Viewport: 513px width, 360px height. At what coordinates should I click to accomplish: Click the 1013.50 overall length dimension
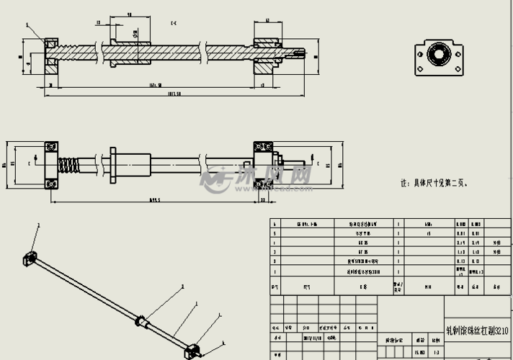[173, 94]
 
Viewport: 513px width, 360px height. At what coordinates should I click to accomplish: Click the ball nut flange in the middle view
[113, 164]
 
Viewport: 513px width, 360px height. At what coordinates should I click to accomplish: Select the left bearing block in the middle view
[50, 164]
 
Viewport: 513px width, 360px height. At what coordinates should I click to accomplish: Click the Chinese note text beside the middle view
[437, 184]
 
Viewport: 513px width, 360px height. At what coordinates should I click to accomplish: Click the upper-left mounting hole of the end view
[419, 46]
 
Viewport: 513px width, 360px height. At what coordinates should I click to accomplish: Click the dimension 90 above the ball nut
[128, 14]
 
